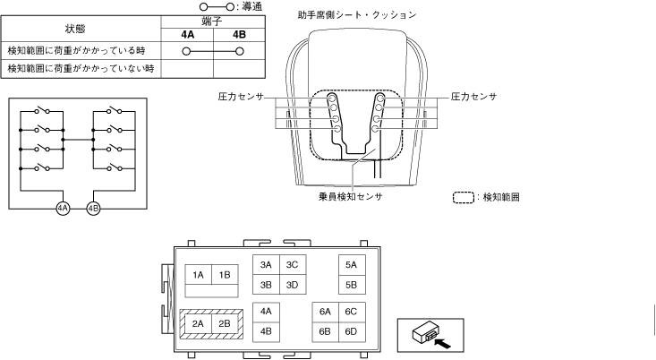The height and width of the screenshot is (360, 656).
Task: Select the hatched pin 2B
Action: tap(225, 323)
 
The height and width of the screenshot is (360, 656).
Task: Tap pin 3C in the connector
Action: tap(291, 265)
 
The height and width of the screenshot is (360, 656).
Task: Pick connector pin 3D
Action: tap(291, 286)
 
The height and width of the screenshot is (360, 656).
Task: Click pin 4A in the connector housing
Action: tap(266, 311)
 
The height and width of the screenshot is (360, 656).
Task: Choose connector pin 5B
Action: tap(351, 286)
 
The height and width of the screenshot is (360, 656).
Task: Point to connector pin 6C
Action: tap(351, 311)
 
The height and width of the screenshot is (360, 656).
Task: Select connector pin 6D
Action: tap(351, 331)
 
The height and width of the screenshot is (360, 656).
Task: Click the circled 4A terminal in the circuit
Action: tap(63, 208)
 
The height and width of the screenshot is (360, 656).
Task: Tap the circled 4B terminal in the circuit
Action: tap(93, 208)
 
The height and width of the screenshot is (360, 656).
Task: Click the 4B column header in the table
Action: tap(239, 35)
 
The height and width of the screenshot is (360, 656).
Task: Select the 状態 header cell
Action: tap(75, 29)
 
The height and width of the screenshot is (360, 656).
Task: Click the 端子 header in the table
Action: tap(213, 21)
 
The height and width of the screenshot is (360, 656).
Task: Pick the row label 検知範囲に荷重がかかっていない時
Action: tap(75, 68)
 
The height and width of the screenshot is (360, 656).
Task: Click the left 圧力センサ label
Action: tap(241, 95)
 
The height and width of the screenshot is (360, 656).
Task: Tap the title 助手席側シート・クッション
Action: tap(357, 15)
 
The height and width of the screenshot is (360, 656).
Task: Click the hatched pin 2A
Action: tap(198, 323)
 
